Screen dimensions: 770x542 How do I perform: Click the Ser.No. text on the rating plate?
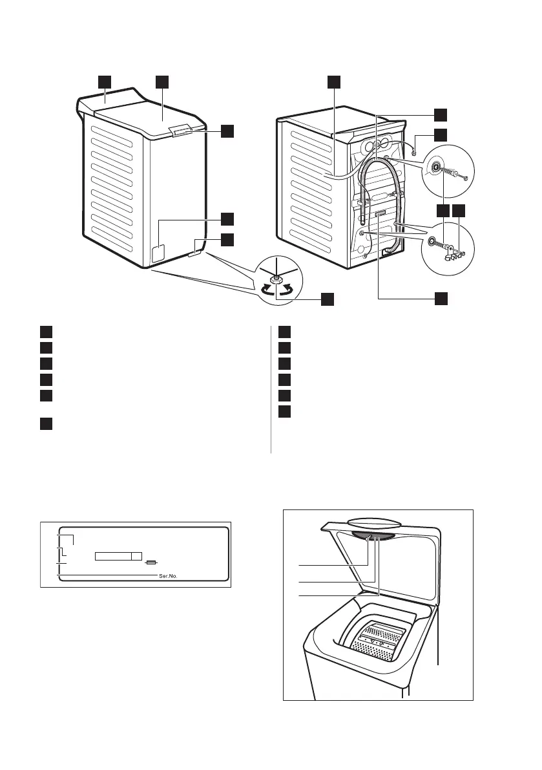click(x=168, y=573)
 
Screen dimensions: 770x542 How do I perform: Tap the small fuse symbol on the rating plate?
click(x=151, y=562)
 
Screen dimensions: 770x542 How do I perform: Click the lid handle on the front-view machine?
click(x=183, y=131)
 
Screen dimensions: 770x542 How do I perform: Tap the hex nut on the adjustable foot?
click(x=276, y=279)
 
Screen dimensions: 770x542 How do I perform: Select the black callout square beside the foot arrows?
click(x=328, y=298)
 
